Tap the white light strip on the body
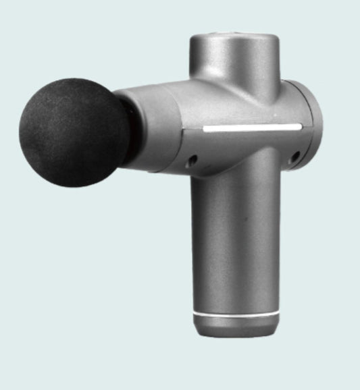[251, 126]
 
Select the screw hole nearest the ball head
[192, 160]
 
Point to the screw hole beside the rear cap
[294, 156]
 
